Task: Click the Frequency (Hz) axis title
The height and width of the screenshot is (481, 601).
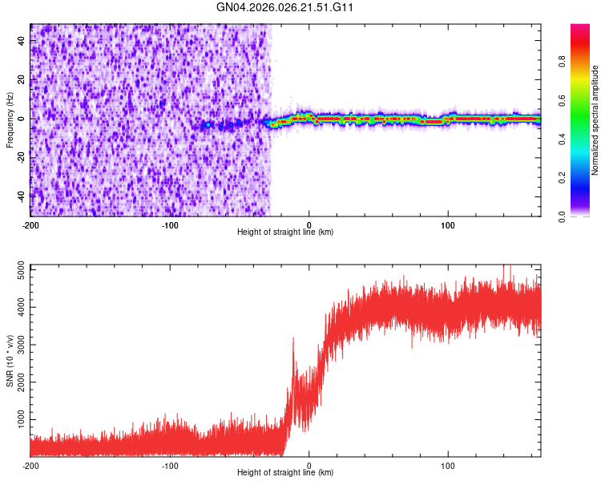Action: pos(10,120)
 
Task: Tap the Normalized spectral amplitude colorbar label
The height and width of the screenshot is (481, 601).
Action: pos(595,120)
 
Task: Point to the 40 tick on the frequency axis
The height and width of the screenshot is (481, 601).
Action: pos(21,41)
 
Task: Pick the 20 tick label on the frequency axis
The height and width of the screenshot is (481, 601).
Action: pos(21,79)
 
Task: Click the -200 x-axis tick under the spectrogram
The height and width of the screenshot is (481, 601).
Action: pos(30,225)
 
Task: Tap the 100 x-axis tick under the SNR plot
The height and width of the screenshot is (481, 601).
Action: pos(449,466)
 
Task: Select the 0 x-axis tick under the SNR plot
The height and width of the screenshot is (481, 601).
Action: pos(309,466)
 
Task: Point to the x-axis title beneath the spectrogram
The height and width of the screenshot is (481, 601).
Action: pos(285,232)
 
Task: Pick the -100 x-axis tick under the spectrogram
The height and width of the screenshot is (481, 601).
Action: pos(170,225)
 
